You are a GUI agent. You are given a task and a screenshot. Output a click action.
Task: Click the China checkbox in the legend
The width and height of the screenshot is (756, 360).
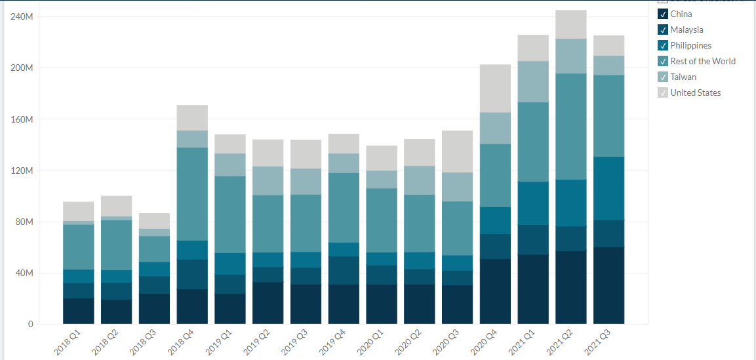coord(662,14)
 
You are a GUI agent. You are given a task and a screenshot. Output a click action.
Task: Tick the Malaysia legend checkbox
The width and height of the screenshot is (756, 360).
coord(662,30)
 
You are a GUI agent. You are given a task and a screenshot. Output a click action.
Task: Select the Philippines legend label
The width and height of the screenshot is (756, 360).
coord(690,45)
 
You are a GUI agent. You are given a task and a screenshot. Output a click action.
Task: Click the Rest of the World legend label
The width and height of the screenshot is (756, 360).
coord(702,61)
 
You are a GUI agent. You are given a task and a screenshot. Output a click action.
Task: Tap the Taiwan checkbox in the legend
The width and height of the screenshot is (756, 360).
coord(662,77)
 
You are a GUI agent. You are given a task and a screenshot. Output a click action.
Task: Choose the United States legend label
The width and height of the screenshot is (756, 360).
coord(695,92)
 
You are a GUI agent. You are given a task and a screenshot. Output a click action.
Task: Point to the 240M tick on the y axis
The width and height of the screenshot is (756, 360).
coord(22,16)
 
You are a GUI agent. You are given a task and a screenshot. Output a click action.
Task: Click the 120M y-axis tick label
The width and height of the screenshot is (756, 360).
coord(22,170)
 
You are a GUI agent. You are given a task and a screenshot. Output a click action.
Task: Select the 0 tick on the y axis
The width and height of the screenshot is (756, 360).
coord(30,324)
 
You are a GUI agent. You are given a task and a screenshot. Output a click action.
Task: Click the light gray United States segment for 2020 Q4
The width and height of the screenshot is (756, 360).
coord(495,89)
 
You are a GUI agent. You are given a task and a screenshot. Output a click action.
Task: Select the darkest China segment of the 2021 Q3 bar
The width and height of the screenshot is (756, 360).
coord(608,285)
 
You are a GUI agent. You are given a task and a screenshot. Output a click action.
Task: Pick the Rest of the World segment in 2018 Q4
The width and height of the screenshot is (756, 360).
coord(192,194)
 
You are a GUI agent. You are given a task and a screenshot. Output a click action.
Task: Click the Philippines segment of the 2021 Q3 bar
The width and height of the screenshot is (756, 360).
coord(608,188)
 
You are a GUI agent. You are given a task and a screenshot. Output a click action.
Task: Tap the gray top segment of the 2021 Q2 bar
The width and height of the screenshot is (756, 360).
coord(570,24)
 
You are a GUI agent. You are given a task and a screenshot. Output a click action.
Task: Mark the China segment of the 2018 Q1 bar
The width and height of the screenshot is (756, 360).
coord(78,311)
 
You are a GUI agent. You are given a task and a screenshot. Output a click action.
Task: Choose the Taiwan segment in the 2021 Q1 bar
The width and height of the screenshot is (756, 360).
coord(533,81)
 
